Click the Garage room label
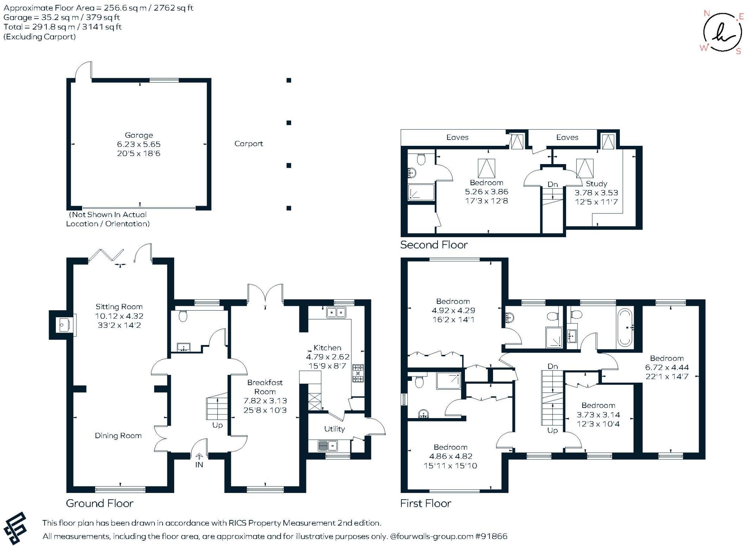[138, 135]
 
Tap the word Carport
[248, 144]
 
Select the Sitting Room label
[119, 307]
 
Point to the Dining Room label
[118, 435]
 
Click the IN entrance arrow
[199, 457]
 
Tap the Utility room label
[334, 429]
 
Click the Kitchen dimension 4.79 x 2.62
[328, 357]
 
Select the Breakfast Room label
[265, 387]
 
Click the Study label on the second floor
[596, 183]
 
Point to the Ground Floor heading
[99, 503]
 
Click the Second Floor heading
[434, 244]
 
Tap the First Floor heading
[425, 503]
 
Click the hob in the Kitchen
[358, 373]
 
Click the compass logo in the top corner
[722, 33]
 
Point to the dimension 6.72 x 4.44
[667, 367]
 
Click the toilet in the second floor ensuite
[421, 159]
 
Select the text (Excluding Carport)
[39, 37]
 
